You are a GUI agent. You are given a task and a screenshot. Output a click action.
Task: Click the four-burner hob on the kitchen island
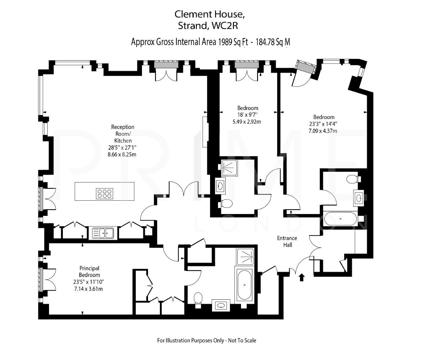104,193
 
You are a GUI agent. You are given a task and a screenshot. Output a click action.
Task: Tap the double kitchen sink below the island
103,233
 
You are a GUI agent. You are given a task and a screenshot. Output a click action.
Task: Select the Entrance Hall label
287,241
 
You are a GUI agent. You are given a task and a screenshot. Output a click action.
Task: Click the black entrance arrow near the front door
302,277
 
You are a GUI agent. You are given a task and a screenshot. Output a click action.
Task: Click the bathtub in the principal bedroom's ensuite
245,285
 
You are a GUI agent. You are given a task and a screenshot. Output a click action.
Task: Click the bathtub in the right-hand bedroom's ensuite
340,219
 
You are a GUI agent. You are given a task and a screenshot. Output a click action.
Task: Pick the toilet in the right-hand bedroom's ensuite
352,179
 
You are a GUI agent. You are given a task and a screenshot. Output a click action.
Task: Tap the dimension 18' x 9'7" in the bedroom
248,115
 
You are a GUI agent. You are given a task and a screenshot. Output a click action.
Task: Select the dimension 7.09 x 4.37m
323,131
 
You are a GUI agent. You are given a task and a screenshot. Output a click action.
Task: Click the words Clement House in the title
210,14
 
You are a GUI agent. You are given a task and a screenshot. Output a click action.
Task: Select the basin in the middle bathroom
220,186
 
